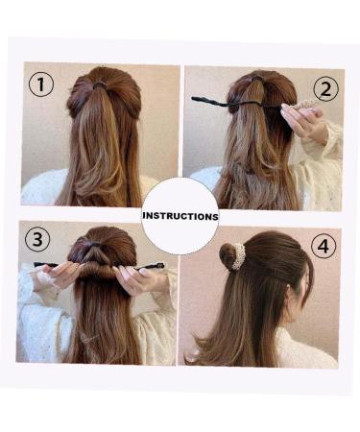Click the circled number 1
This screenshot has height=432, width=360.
coord(39,84)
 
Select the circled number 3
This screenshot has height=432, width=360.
coord(36,240)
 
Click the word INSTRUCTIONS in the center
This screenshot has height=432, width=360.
coord(180,216)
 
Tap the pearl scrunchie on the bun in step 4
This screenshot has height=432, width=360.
coord(235,256)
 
